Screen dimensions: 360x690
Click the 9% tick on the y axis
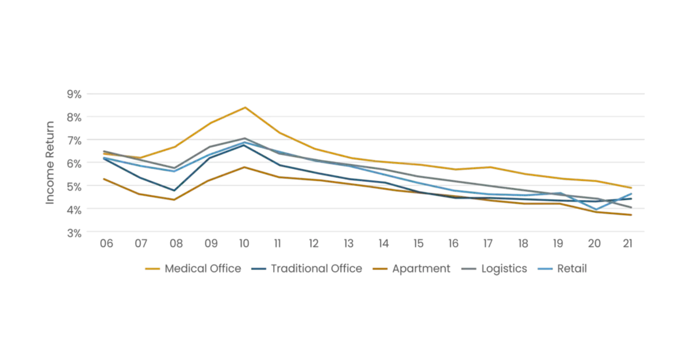(x=75, y=94)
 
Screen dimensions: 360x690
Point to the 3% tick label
(x=75, y=232)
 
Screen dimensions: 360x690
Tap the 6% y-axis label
(x=75, y=163)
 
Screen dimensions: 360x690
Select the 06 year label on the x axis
(x=106, y=244)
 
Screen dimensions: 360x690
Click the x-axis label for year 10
(x=245, y=244)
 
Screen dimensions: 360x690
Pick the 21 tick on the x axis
(x=628, y=244)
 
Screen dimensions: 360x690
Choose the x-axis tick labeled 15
(x=419, y=244)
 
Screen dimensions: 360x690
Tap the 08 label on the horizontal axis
(x=175, y=244)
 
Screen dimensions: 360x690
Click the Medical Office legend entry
(x=202, y=269)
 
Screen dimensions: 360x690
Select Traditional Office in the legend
(x=316, y=269)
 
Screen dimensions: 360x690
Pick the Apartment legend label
(x=420, y=269)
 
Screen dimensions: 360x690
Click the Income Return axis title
(x=51, y=163)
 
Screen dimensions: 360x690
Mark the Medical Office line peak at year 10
(x=246, y=108)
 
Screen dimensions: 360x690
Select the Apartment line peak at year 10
(x=245, y=167)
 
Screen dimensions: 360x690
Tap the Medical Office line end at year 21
(x=631, y=188)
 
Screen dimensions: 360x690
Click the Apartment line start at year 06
(x=103, y=178)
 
